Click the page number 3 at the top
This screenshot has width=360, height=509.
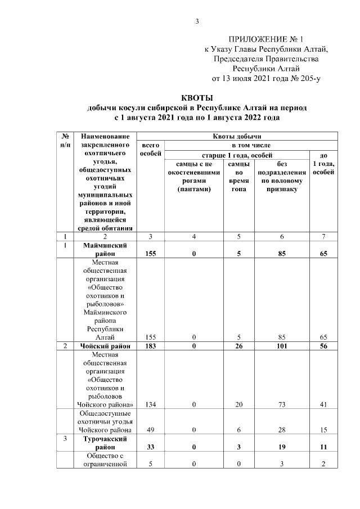(197, 21)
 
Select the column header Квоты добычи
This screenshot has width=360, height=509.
(237, 136)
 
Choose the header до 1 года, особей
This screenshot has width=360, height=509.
(323, 163)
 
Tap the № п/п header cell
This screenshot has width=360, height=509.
(65, 140)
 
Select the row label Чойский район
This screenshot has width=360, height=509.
(105, 346)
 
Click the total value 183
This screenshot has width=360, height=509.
(150, 346)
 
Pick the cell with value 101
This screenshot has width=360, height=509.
(282, 346)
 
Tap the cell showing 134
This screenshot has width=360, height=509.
(150, 404)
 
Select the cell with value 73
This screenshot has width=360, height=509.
(282, 404)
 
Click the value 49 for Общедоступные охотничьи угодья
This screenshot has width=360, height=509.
(150, 430)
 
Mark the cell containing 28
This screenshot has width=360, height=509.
(282, 430)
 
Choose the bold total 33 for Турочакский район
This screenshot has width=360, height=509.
(150, 447)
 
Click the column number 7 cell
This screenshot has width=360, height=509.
(323, 236)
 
